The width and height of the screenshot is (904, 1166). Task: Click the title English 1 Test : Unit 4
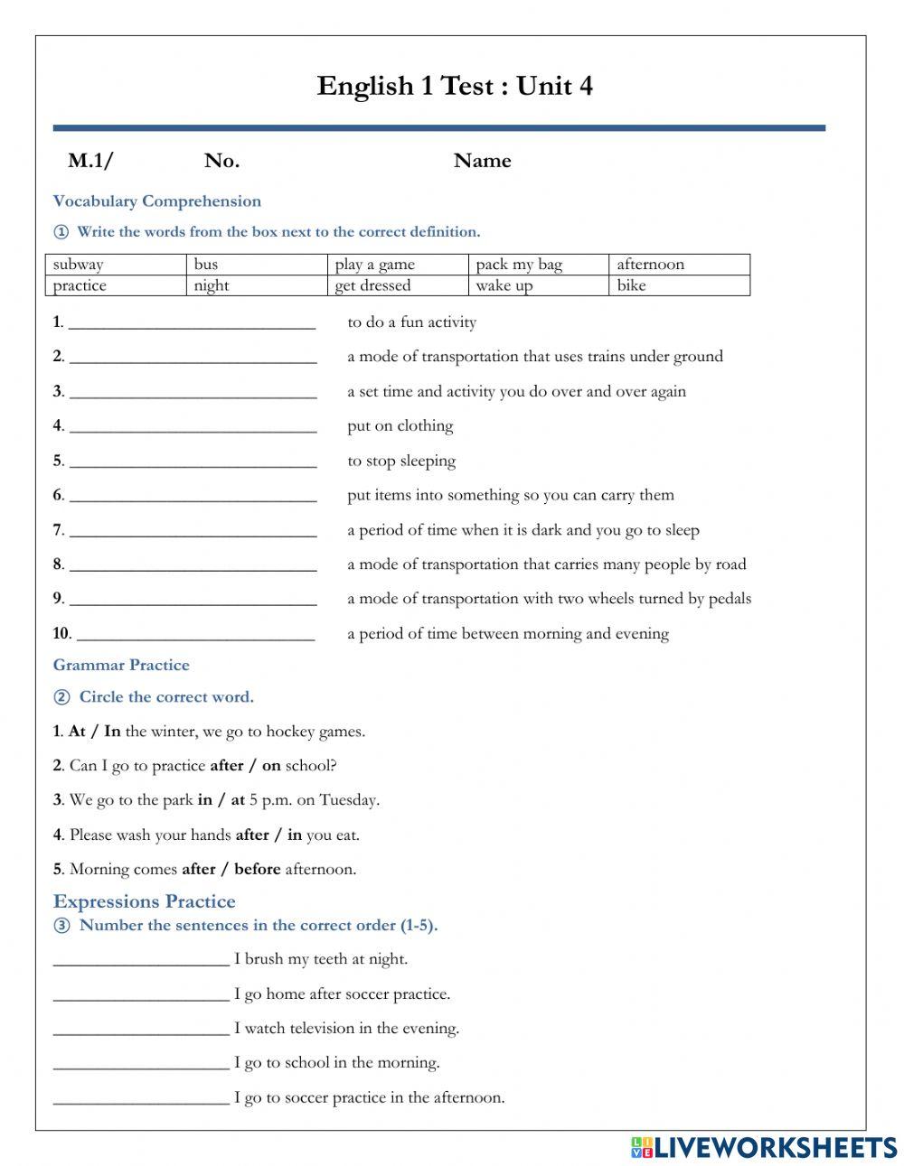tap(455, 86)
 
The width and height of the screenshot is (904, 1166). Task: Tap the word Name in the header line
tap(482, 161)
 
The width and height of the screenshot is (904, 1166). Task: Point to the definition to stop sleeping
tap(401, 461)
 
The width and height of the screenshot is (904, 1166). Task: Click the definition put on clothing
tap(400, 425)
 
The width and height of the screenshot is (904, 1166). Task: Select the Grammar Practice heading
tap(121, 666)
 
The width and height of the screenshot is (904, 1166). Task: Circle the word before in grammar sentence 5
tap(257, 869)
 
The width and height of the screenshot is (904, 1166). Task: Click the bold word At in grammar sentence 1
tap(77, 732)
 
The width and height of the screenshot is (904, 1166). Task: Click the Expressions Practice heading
tap(144, 901)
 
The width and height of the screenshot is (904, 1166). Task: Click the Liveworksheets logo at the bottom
tap(763, 1147)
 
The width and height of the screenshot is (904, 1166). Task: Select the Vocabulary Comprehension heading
tap(156, 201)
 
